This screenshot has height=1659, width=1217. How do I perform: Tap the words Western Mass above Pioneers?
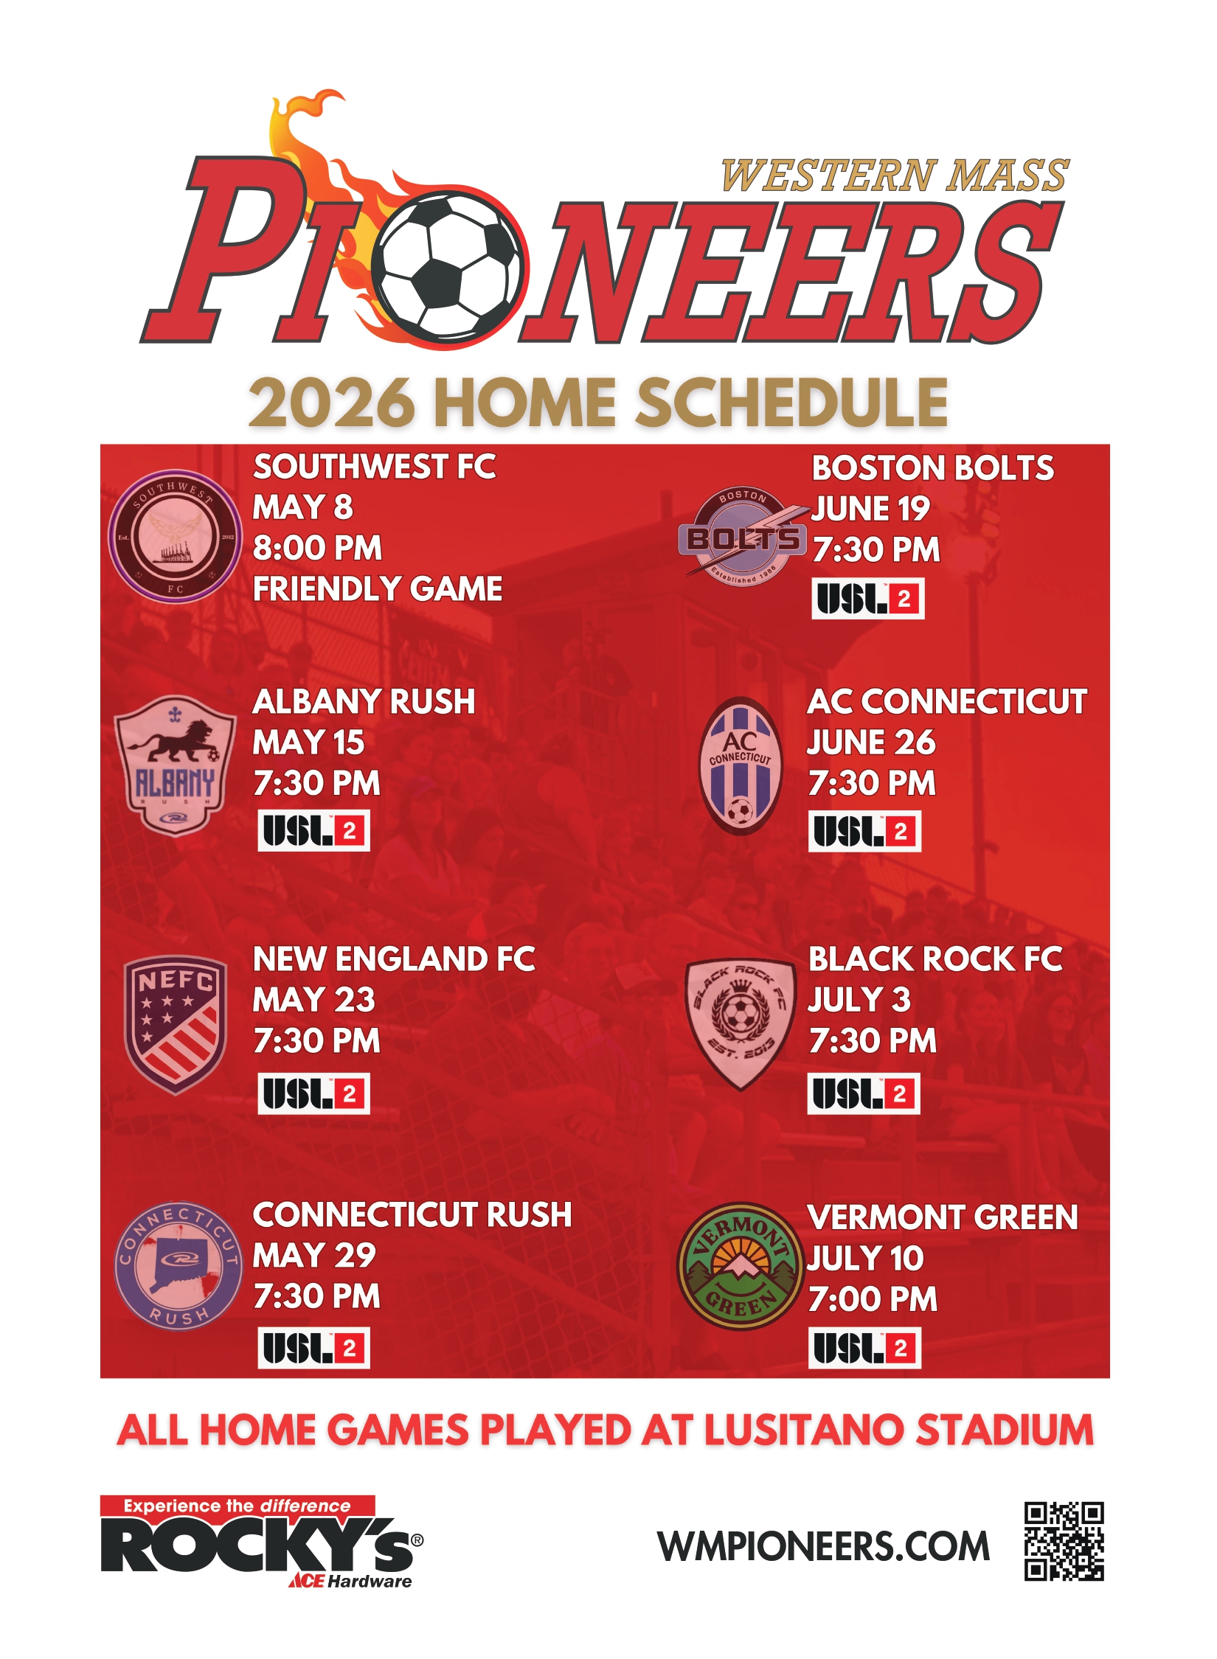pyautogui.click(x=895, y=176)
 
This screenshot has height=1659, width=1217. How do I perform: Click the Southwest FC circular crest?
pyautogui.click(x=175, y=537)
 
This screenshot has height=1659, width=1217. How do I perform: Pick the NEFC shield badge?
pyautogui.click(x=175, y=1024)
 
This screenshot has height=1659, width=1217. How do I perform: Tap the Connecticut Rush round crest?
pyautogui.click(x=178, y=1266)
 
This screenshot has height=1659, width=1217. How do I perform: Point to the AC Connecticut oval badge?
pyautogui.click(x=740, y=765)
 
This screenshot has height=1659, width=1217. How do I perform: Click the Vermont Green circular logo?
pyautogui.click(x=740, y=1267)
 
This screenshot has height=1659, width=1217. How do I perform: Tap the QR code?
pyautogui.click(x=1064, y=1541)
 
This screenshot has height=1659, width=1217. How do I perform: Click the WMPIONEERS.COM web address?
pyautogui.click(x=823, y=1546)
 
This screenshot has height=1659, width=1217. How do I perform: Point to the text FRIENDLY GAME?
pyautogui.click(x=378, y=589)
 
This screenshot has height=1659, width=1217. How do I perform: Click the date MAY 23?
pyautogui.click(x=314, y=1000)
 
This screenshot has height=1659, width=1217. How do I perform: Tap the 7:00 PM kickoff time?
pyautogui.click(x=873, y=1299)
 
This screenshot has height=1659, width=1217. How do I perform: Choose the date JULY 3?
pyautogui.click(x=859, y=1000)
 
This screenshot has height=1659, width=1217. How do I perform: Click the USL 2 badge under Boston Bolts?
pyautogui.click(x=867, y=599)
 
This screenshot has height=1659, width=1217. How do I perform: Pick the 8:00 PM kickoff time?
pyautogui.click(x=318, y=548)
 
